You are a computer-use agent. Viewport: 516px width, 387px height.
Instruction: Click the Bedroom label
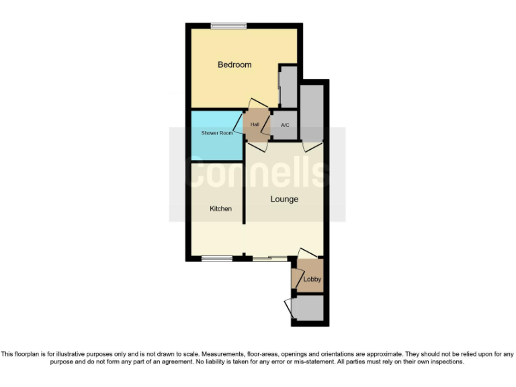234,64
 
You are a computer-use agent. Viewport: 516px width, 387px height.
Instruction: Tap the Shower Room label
217,133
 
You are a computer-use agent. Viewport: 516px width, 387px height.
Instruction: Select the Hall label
255,125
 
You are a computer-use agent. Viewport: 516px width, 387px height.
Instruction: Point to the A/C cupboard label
285,126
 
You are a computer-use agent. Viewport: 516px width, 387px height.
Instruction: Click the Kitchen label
220,209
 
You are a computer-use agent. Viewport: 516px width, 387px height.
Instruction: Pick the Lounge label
284,200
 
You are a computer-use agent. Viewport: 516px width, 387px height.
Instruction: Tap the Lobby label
312,279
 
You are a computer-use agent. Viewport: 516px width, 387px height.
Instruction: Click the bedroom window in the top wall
228,26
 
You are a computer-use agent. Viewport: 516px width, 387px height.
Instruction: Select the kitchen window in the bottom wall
217,257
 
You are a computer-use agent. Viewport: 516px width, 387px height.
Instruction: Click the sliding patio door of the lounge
269,257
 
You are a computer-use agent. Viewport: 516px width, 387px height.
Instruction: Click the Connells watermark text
257,173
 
